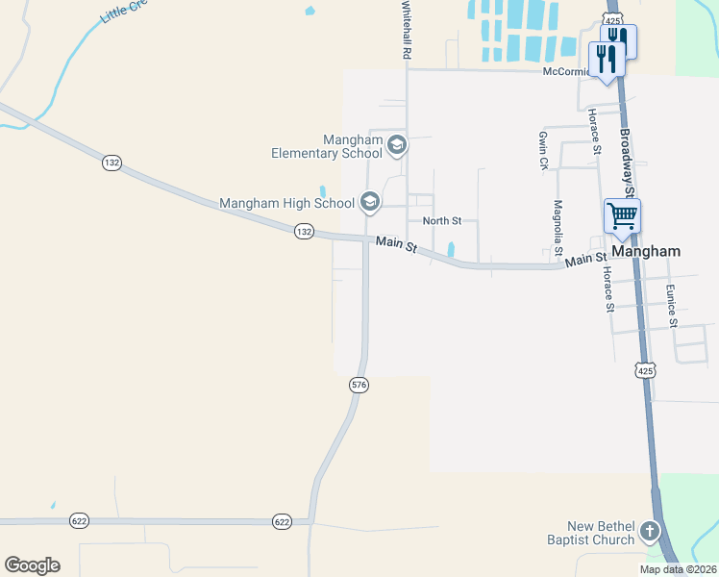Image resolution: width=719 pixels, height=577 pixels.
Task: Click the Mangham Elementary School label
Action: point(326,146)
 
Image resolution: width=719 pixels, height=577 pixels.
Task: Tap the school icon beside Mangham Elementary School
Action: point(397,146)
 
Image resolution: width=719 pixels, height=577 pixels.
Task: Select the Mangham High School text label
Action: point(286,203)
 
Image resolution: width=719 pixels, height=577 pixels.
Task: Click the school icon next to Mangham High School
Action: point(369,202)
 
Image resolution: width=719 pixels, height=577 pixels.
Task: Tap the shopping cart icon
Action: point(622,216)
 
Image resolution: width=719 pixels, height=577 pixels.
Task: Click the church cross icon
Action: point(650,532)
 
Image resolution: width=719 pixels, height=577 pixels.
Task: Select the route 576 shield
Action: point(359,385)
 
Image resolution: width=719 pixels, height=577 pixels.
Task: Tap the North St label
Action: point(442,221)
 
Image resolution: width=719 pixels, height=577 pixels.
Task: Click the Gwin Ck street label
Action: point(543,151)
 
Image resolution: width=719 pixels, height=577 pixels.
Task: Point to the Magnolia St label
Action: point(558,227)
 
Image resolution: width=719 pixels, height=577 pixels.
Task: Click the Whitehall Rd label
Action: point(407,32)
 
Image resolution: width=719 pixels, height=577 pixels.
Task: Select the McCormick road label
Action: point(565,71)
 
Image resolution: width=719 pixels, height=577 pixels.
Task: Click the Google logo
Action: point(32,565)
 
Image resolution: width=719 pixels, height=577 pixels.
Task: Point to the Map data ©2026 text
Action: point(678,569)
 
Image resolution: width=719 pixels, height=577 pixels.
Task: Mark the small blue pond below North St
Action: point(450,248)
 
